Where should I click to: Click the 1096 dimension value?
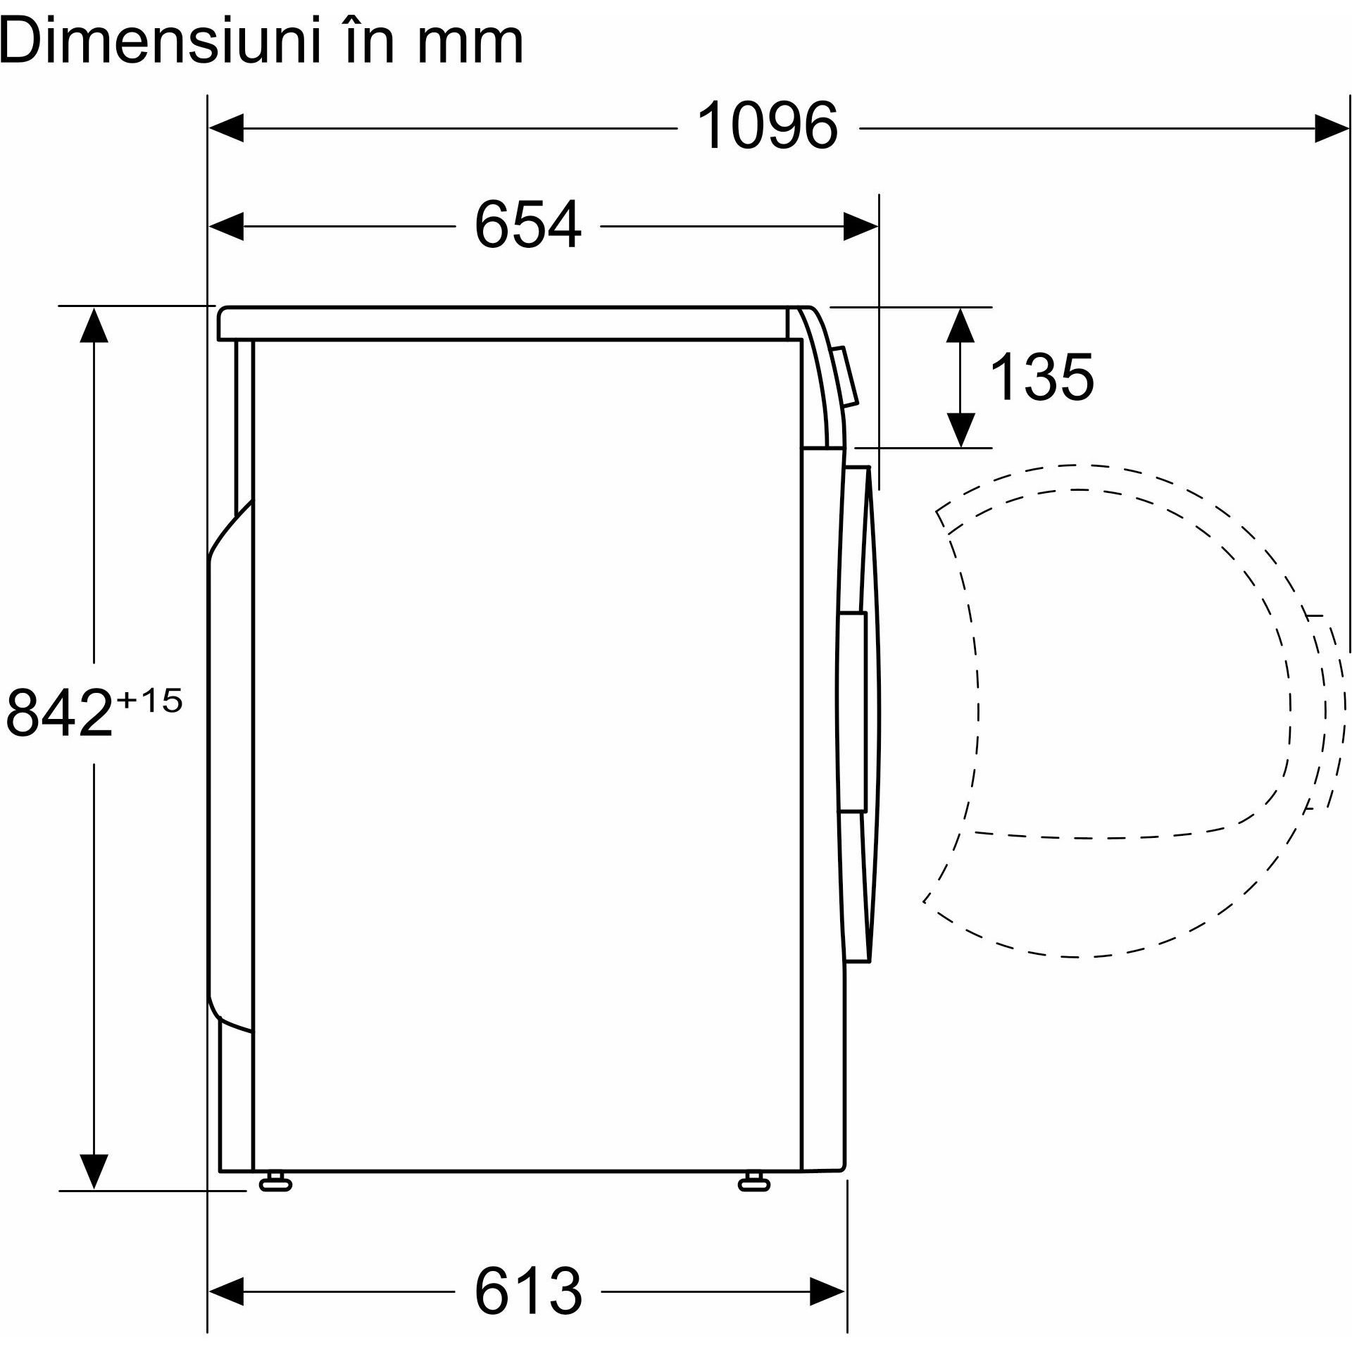[x=767, y=127]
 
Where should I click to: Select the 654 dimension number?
[x=528, y=225]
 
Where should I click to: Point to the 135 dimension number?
[x=1042, y=377]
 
